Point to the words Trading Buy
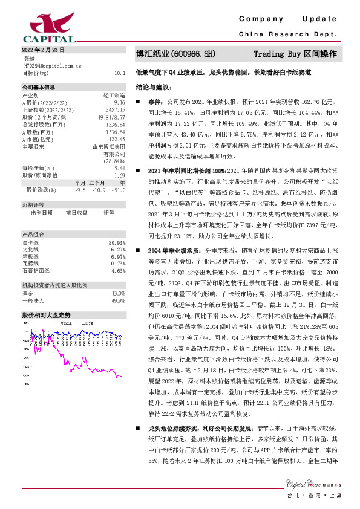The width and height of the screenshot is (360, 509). pos(280,54)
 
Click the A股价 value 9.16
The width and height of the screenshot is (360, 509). pos(119,103)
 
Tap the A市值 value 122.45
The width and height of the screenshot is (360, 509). pos(117,139)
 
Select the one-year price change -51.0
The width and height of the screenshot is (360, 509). pos(119,189)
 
